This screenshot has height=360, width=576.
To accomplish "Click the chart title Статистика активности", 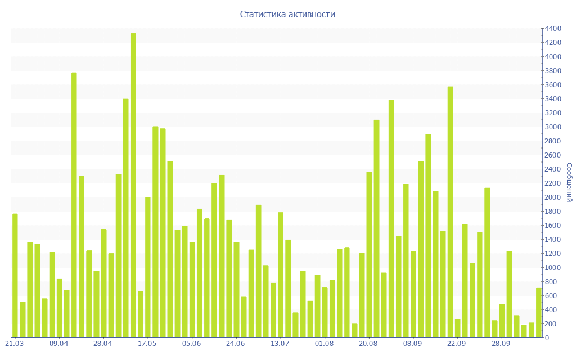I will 287,15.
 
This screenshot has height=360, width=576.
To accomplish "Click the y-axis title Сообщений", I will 569,182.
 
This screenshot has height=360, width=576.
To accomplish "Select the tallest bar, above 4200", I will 133,186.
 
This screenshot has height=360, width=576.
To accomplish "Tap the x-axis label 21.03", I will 15,344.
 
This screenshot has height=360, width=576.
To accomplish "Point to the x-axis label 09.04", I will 59,344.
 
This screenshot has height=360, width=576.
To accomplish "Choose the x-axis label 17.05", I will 147,344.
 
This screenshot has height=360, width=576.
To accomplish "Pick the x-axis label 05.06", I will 192,344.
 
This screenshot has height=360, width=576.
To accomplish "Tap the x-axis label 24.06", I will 236,344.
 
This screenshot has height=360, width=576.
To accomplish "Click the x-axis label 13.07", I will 280,344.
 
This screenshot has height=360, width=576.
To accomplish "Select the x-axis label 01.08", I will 325,344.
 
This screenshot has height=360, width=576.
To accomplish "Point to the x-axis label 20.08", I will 368,344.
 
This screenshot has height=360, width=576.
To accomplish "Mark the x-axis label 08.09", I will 413,344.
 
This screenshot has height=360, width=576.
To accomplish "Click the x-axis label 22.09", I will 457,344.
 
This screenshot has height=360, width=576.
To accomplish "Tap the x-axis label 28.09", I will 501,344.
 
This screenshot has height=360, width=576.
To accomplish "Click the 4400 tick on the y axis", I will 552,29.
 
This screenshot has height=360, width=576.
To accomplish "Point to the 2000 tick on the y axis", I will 552,197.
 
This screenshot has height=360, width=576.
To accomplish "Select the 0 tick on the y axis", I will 547,338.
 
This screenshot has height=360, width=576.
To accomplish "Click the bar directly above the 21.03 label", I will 15,276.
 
